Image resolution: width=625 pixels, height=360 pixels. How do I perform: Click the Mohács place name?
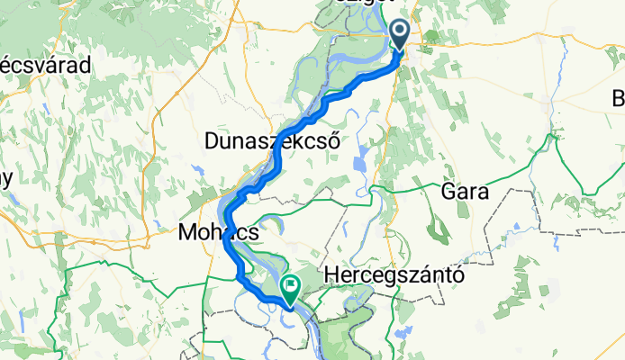click(220, 232)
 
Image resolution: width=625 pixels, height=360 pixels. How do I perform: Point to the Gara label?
click(465, 192)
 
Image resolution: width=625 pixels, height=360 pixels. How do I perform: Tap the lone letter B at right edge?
click(619, 97)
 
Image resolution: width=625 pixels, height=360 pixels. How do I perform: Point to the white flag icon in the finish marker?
click(291, 286)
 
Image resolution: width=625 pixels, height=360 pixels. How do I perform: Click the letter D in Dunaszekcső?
click(213, 141)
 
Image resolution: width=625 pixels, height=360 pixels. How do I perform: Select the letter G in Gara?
click(448, 192)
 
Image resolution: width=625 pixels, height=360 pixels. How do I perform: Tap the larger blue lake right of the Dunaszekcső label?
click(361, 166)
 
